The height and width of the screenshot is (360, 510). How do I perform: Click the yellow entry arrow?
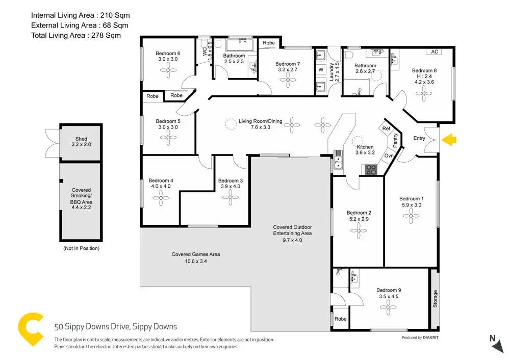(x=449, y=140)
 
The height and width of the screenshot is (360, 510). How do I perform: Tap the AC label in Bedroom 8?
(x=435, y=52)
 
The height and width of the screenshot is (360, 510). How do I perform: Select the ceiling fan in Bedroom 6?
(x=168, y=70)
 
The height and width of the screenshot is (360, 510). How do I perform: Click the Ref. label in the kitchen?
(x=387, y=128)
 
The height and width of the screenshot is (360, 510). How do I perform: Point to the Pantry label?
(x=395, y=141)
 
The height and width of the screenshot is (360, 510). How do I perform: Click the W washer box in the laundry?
(x=321, y=69)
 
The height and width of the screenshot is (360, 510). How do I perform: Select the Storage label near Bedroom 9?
(x=435, y=299)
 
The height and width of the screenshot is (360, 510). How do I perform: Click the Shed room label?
(x=81, y=139)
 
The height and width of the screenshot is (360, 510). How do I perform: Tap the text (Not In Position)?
(x=81, y=248)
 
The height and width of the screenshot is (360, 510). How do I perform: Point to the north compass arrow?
(x=497, y=345)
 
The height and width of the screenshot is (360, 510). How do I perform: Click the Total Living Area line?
(x=76, y=36)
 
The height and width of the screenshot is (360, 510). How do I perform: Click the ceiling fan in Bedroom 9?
(x=388, y=307)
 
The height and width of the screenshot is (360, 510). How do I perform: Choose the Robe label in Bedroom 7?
(x=269, y=43)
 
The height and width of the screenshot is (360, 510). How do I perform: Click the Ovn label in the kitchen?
(x=389, y=156)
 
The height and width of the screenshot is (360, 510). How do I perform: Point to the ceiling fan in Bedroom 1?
(x=411, y=216)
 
